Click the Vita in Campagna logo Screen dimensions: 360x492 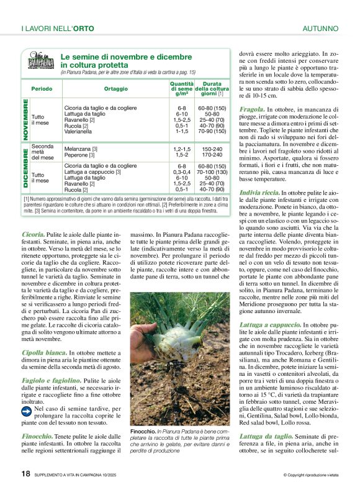(41, 62)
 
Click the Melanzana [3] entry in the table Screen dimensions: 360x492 (81, 149)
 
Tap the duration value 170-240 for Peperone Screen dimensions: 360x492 (212, 155)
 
